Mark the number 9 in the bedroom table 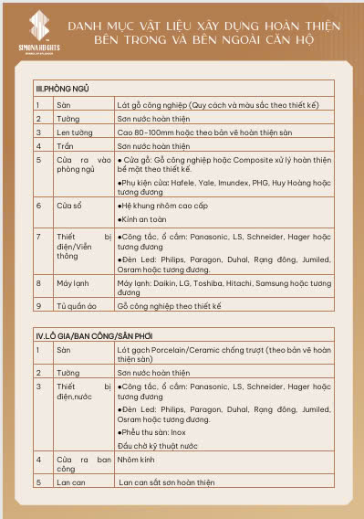(39, 304)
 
